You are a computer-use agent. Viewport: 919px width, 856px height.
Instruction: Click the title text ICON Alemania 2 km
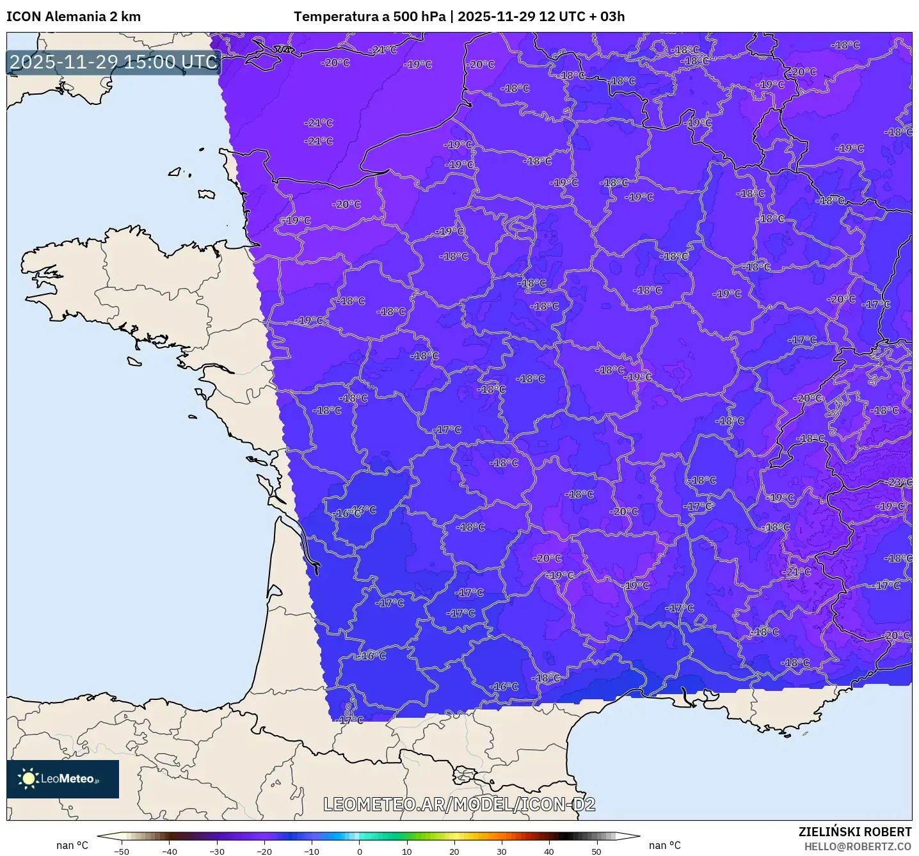pos(74,17)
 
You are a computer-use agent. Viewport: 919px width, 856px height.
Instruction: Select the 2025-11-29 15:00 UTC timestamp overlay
pos(114,62)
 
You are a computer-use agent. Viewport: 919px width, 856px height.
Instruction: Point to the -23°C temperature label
pos(899,482)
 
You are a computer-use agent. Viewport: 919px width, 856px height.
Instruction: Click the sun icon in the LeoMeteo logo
pos(28,779)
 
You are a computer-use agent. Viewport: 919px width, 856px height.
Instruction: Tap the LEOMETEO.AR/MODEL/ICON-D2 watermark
pos(459,804)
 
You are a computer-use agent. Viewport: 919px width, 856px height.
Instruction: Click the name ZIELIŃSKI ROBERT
pos(855,832)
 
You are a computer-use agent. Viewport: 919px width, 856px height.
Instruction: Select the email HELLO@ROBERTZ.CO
pos(858,846)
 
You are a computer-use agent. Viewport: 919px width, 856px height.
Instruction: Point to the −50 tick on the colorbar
pos(121,852)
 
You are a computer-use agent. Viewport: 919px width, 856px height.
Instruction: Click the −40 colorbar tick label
pos(169,852)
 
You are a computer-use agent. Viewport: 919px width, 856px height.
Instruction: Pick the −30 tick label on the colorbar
pos(216,852)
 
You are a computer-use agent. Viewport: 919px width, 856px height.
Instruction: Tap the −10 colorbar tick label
pos(311,852)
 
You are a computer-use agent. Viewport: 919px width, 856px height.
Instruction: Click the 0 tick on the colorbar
pos(359,852)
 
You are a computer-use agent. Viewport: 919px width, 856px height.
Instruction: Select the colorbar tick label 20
pos(454,852)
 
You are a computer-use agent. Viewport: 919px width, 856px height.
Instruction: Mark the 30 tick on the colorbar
pos(502,852)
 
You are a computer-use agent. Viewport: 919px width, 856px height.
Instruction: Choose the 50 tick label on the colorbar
pos(596,852)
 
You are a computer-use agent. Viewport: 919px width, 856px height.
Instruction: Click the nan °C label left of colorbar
pos(72,846)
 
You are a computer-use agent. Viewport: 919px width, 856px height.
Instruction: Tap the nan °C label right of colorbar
pos(665,846)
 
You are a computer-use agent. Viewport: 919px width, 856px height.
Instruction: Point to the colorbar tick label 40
pos(549,852)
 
